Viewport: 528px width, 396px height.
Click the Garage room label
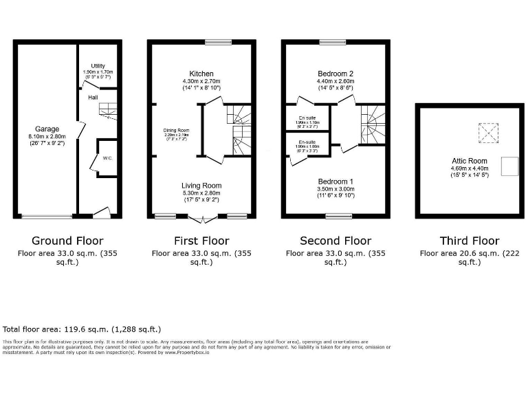(47, 129)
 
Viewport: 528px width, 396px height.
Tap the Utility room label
(97, 65)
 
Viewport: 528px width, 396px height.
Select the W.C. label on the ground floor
(107, 158)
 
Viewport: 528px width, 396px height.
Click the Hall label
(92, 98)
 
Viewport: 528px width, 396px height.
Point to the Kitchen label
(201, 74)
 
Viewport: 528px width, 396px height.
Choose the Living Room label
(201, 186)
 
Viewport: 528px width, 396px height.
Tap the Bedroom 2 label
(335, 74)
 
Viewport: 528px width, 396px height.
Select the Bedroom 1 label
(335, 181)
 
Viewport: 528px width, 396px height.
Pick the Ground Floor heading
(67, 241)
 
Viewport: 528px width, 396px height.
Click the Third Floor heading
(470, 241)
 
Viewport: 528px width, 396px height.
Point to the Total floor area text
(82, 329)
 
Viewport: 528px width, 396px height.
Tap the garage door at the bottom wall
(47, 217)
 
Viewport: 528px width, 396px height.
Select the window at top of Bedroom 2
(335, 42)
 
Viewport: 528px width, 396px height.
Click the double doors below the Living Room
(201, 218)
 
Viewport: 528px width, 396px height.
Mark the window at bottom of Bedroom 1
(338, 217)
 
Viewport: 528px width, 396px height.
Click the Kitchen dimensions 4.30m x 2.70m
(201, 81)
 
